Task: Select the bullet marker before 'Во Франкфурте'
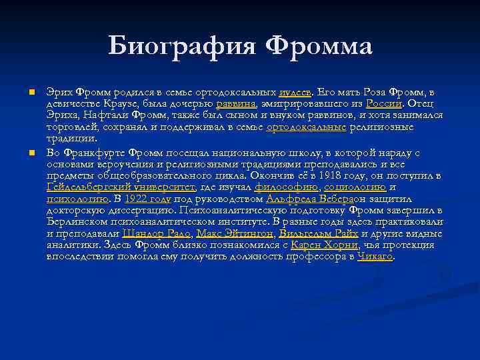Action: click(x=31, y=153)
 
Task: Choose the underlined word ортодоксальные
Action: click(x=306, y=127)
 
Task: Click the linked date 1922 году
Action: click(x=148, y=199)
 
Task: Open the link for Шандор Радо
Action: click(x=156, y=234)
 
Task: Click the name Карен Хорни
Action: click(x=315, y=245)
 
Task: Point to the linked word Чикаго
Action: click(x=375, y=257)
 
